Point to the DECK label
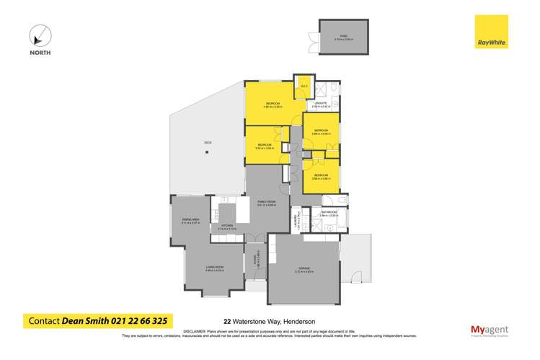(x=208, y=142)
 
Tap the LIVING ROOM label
(x=214, y=268)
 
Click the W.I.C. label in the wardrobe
(x=304, y=87)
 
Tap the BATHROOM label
(x=329, y=212)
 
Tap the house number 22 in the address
(x=228, y=322)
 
